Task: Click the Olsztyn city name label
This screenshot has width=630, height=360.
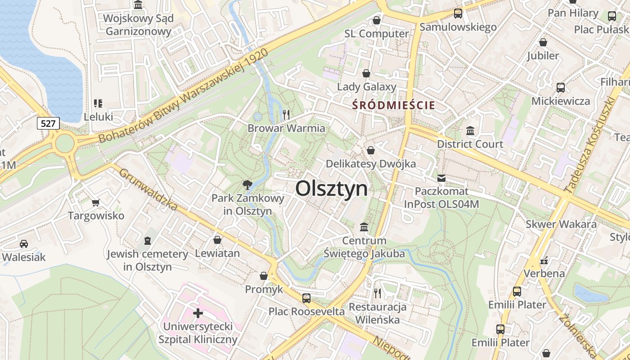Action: pyautogui.click(x=331, y=189)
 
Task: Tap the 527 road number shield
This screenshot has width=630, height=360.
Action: pyautogui.click(x=48, y=123)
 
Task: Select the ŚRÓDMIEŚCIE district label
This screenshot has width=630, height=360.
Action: pyautogui.click(x=394, y=105)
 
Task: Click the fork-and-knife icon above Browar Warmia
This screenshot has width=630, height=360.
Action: pyautogui.click(x=286, y=114)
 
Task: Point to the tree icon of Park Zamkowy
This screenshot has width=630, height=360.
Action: pyautogui.click(x=247, y=184)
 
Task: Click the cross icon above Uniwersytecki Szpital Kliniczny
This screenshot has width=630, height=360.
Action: pyautogui.click(x=198, y=313)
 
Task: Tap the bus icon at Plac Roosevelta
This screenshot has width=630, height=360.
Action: pyautogui.click(x=306, y=298)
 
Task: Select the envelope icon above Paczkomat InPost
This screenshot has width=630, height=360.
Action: pyautogui.click(x=441, y=178)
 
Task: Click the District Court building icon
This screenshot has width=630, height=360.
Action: pyautogui.click(x=470, y=131)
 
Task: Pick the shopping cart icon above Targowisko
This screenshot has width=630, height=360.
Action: pyautogui.click(x=95, y=202)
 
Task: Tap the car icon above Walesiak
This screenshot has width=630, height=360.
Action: pyautogui.click(x=24, y=244)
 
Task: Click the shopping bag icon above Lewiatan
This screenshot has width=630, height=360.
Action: pyautogui.click(x=217, y=240)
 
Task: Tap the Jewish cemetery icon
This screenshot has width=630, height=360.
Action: pyautogui.click(x=147, y=241)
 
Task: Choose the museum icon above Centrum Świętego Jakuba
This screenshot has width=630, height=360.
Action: pyautogui.click(x=364, y=227)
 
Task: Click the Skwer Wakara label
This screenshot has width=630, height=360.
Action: pyautogui.click(x=561, y=224)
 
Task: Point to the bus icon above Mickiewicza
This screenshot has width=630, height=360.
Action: pyautogui.click(x=560, y=88)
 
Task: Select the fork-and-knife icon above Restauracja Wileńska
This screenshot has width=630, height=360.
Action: pyautogui.click(x=378, y=293)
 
